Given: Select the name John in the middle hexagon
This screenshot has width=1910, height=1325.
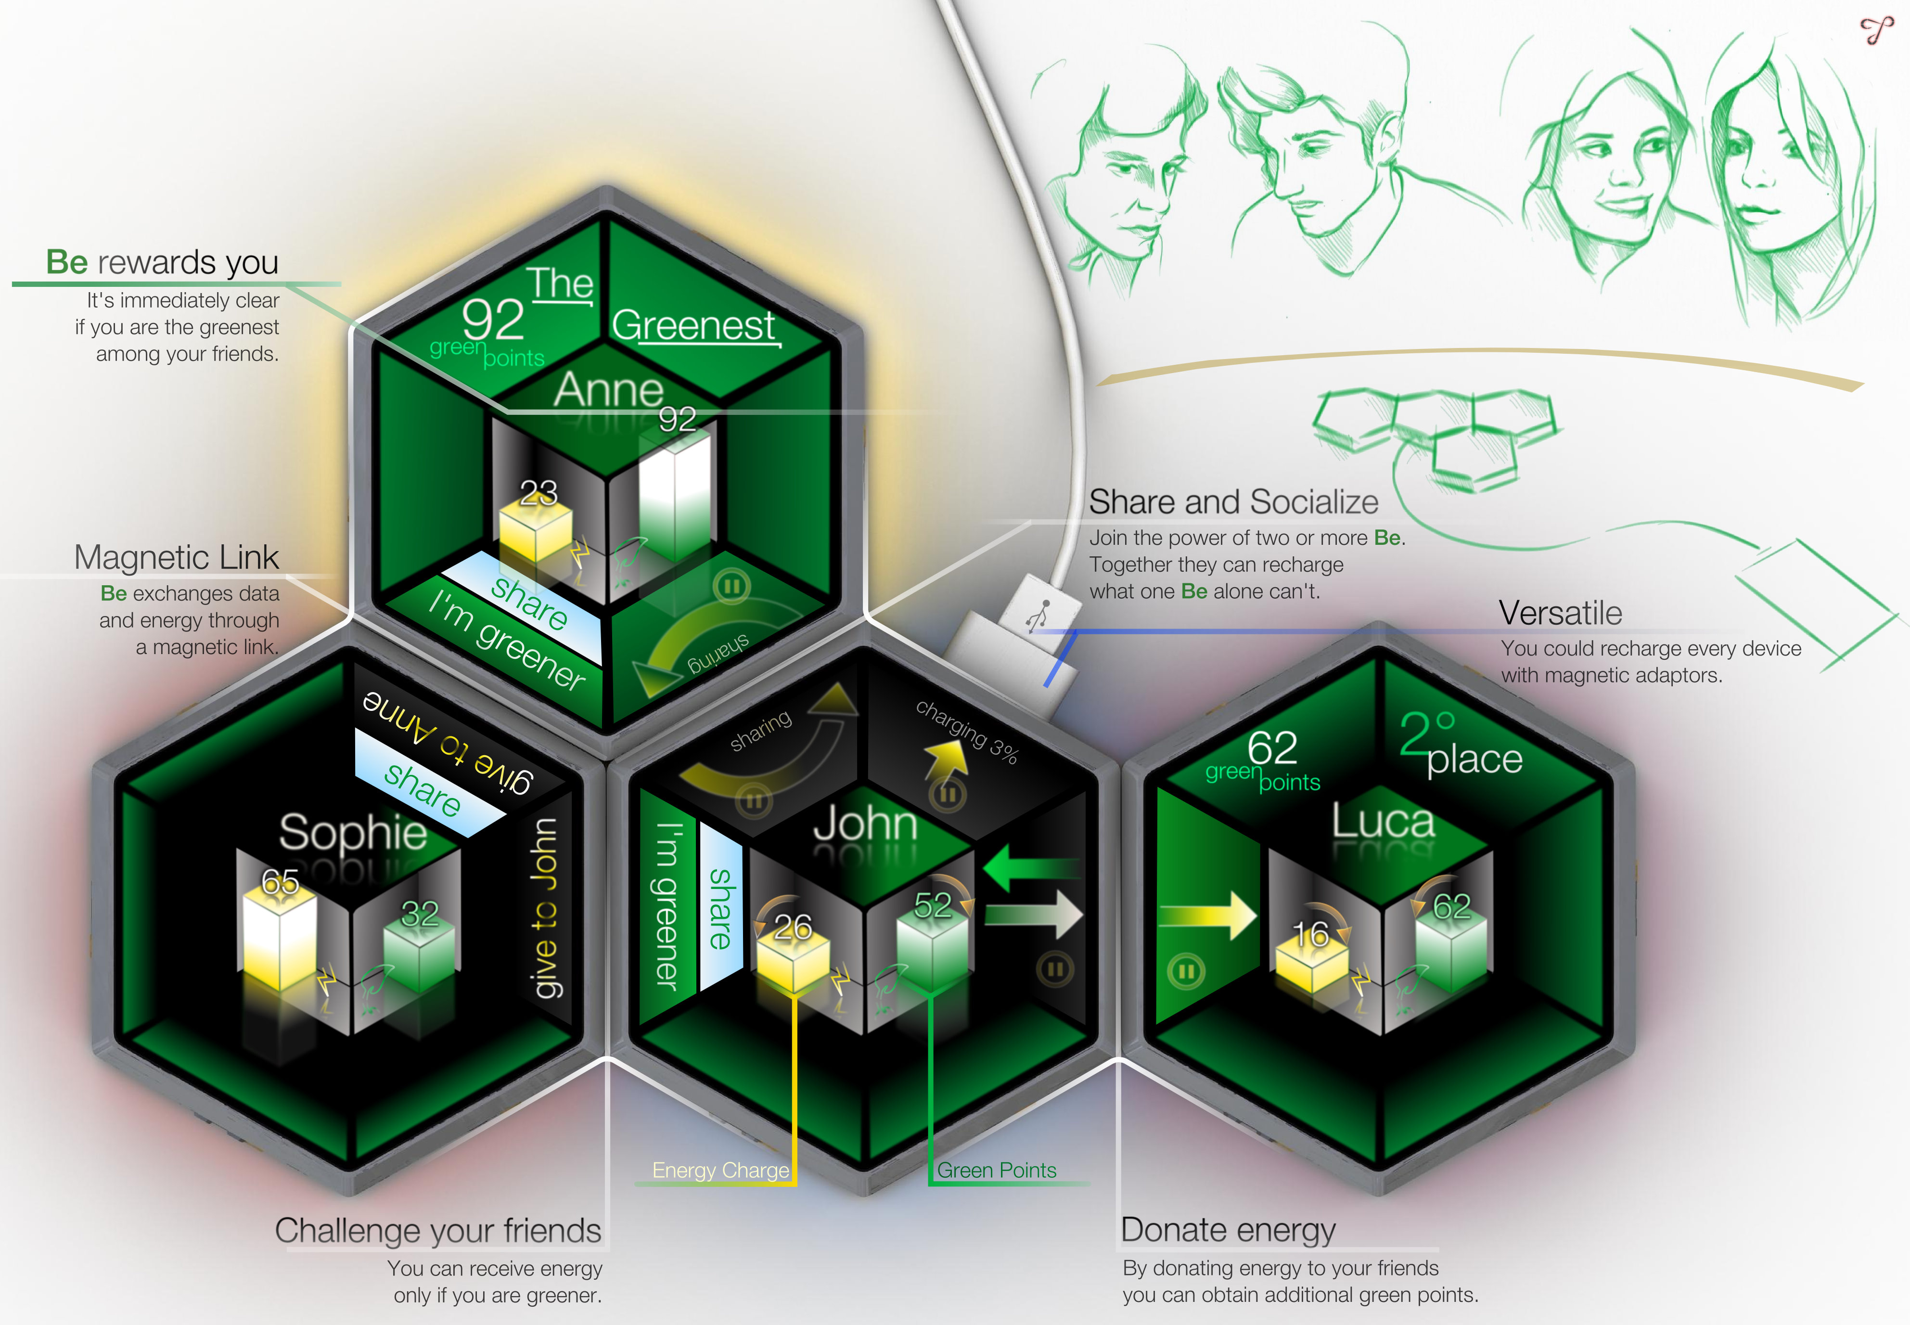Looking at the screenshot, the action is pos(865,824).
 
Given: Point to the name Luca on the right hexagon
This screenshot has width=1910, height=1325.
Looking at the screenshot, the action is pos(1383,822).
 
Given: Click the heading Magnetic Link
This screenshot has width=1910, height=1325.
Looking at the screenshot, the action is pos(176,557).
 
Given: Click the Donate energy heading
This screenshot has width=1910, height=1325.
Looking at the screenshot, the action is pos(1229,1230).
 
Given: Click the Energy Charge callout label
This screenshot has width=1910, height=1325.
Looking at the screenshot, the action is pos(720,1171).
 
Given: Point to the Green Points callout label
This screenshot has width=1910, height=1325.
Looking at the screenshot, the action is pos(997,1171).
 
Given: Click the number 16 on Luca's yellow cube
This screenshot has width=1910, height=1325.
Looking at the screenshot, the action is pos(1311,936).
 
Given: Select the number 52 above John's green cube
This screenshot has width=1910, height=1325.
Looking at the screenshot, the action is pos(933,906).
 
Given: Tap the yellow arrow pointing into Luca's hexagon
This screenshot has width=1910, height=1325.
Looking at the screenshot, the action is pos(1208,916).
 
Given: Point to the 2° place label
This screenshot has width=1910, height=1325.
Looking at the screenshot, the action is pos(1461,746).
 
